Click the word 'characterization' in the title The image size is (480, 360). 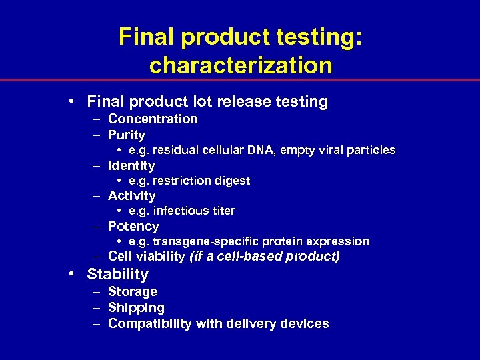tap(241, 65)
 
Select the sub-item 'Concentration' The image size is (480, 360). tap(153, 119)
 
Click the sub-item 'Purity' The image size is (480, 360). tap(126, 135)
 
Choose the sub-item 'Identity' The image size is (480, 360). tap(131, 165)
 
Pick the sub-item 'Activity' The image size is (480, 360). tap(131, 195)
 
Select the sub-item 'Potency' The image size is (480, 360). tap(133, 226)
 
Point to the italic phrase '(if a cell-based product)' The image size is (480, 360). tap(265, 257)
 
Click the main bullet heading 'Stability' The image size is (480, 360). tap(117, 274)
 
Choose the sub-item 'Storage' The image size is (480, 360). tap(132, 291)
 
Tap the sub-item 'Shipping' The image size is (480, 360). tap(136, 307)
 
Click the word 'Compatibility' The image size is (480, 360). tap(148, 323)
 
